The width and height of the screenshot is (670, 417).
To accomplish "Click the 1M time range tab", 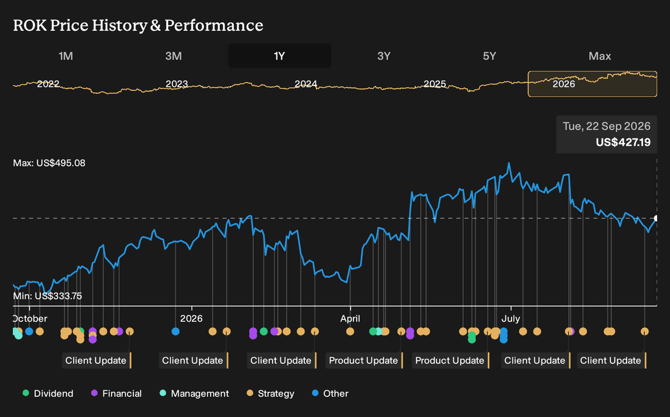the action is point(66,56).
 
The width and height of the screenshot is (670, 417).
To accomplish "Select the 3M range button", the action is point(174,56).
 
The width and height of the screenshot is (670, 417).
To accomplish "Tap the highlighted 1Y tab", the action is point(279,56).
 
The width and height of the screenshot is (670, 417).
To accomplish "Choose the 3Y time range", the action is point(384,56).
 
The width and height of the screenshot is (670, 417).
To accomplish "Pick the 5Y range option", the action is point(490,56).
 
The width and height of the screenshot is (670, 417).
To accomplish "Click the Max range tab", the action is point(600,56).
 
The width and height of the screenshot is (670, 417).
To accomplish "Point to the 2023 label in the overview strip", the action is point(177,84).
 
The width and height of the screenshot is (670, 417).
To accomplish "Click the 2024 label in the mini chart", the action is point(306,84).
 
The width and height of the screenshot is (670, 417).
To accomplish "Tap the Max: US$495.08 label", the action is point(49,163).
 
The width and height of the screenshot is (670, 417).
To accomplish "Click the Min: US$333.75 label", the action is point(47,296).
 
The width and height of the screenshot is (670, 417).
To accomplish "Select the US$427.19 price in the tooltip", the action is point(623,142).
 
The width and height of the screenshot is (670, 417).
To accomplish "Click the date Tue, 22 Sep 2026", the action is point(606,126).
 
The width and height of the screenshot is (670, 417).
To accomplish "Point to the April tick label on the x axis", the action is point(350,319).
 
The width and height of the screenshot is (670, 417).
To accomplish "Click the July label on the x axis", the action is point(510,318).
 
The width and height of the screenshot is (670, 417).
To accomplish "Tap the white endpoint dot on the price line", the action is point(655,218).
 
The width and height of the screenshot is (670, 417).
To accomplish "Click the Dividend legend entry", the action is point(48,394).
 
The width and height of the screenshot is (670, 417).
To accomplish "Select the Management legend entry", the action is point(194,394).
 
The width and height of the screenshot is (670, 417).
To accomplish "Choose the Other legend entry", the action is point(330,394).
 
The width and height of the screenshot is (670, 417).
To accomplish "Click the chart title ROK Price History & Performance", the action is point(138,25).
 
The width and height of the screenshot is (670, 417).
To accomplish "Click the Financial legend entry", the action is point(116,394).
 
